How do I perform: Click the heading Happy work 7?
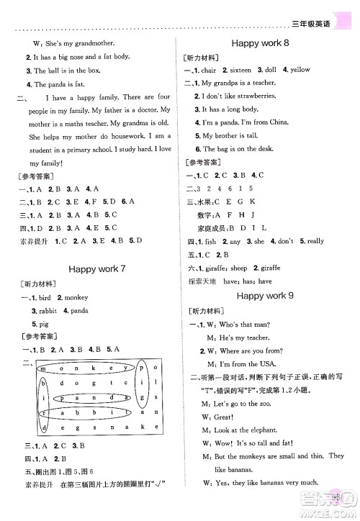click(x=96, y=269)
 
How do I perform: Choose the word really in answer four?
click(x=315, y=241)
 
